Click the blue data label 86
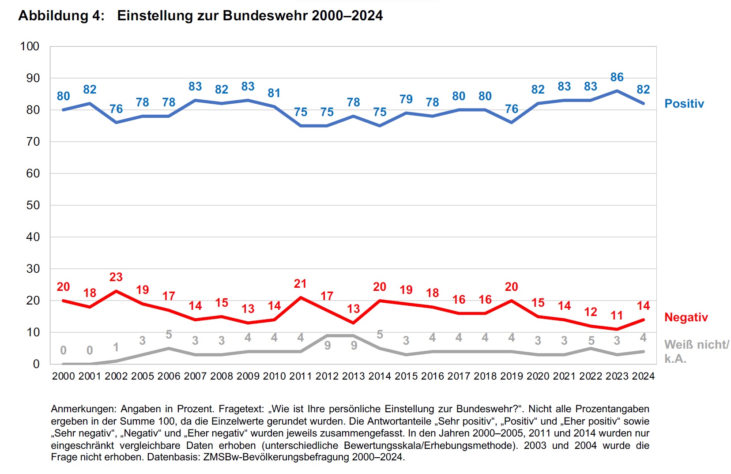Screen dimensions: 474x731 pyautogui.click(x=617, y=77)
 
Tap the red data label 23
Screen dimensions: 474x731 pyautogui.click(x=116, y=277)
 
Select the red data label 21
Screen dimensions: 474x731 pyautogui.click(x=300, y=284)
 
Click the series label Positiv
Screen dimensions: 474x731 pyautogui.click(x=684, y=104)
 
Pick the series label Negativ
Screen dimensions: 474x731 pyautogui.click(x=686, y=317)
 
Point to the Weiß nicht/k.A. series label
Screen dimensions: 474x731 pyautogui.click(x=696, y=351)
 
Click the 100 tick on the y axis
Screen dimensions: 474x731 pyautogui.click(x=30, y=46)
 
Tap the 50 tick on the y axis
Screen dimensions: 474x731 pyautogui.click(x=33, y=205)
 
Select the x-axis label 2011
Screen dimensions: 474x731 pyautogui.click(x=300, y=376)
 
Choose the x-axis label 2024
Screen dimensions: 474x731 pyautogui.click(x=643, y=376)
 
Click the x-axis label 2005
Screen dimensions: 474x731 pyautogui.click(x=142, y=376)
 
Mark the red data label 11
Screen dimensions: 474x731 pyautogui.click(x=617, y=316)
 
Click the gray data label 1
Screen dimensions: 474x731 pyautogui.click(x=116, y=347)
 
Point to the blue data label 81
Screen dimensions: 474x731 pyautogui.click(x=274, y=93)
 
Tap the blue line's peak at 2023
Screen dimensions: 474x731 pyautogui.click(x=617, y=91)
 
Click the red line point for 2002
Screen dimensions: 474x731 pyautogui.click(x=116, y=291)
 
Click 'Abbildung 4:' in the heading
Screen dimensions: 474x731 pyautogui.click(x=61, y=16)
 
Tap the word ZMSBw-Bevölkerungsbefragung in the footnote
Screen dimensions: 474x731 pyautogui.click(x=276, y=457)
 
